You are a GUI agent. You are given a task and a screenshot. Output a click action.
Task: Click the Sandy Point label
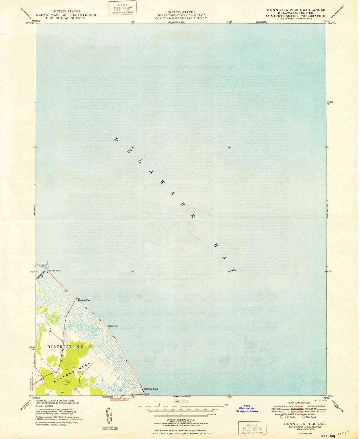tap(55, 271)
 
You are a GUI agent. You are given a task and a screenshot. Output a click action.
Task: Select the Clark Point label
tap(113, 326)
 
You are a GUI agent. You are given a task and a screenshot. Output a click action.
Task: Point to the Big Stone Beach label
tap(151, 389)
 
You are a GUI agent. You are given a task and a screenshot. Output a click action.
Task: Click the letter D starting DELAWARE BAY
tap(116, 140)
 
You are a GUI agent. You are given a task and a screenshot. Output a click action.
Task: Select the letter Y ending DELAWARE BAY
tap(234, 270)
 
